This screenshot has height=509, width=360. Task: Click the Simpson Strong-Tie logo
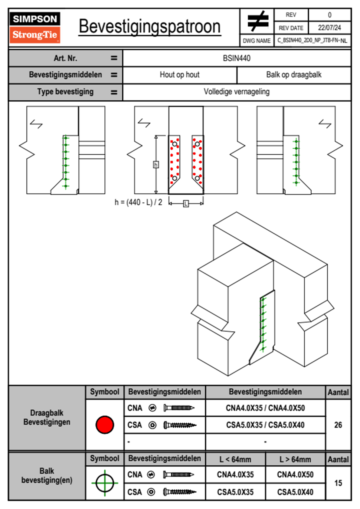35,28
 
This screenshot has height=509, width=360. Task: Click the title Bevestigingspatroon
149,27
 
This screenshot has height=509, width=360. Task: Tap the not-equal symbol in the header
257,21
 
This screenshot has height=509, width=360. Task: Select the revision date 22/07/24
329,28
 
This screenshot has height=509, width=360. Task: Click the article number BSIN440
237,58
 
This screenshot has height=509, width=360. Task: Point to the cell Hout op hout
180,75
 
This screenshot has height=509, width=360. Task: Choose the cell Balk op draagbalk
294,75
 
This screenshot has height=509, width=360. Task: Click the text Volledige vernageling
237,92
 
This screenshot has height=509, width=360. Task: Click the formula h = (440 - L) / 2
138,202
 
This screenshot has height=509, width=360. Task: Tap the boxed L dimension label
186,204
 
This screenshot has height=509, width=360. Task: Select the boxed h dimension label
156,165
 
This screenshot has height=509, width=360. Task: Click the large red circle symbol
105,425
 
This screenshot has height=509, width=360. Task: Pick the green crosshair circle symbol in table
105,483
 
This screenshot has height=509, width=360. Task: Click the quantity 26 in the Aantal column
338,425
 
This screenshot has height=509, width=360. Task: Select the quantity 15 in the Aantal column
338,483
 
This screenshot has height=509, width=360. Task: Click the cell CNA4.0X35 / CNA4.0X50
265,408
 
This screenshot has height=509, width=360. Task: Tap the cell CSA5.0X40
295,492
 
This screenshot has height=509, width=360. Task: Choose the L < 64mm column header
235,459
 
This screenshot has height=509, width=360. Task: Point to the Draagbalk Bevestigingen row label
47,418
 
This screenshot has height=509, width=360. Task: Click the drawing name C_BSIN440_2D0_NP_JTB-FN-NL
312,41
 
